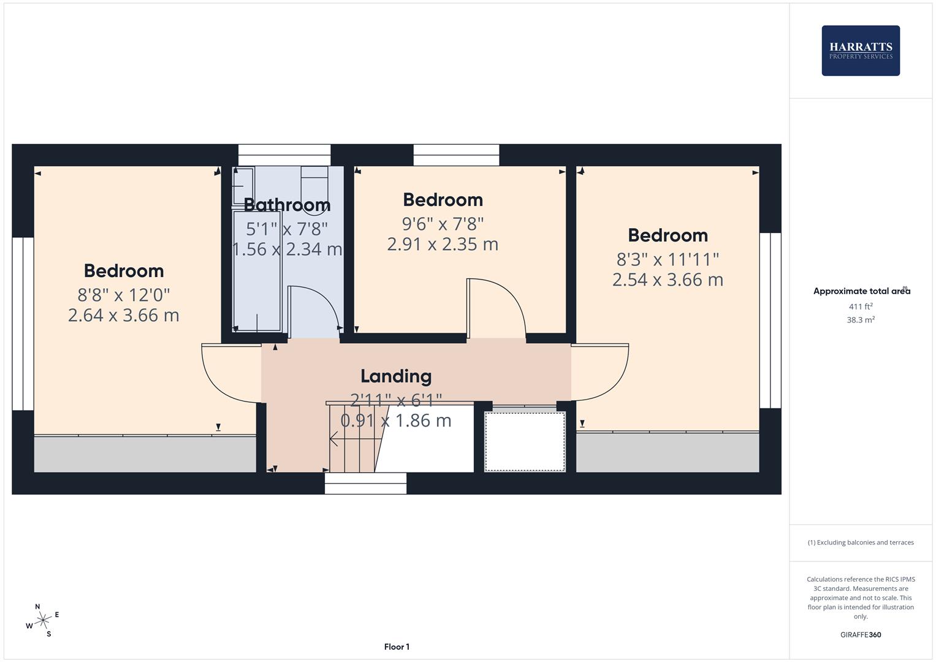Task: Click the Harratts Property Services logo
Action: [860, 50]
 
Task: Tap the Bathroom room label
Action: [287, 205]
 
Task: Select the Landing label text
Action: [395, 376]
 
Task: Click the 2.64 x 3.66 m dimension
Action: [123, 315]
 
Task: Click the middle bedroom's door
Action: [495, 307]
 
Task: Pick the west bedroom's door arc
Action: [230, 374]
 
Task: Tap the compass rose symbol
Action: [43, 620]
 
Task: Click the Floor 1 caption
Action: [397, 647]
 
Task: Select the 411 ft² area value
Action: [860, 306]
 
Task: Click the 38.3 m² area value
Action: [860, 320]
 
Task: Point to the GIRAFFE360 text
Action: [860, 635]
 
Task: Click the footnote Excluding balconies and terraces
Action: [860, 542]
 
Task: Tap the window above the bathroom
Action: [284, 154]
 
